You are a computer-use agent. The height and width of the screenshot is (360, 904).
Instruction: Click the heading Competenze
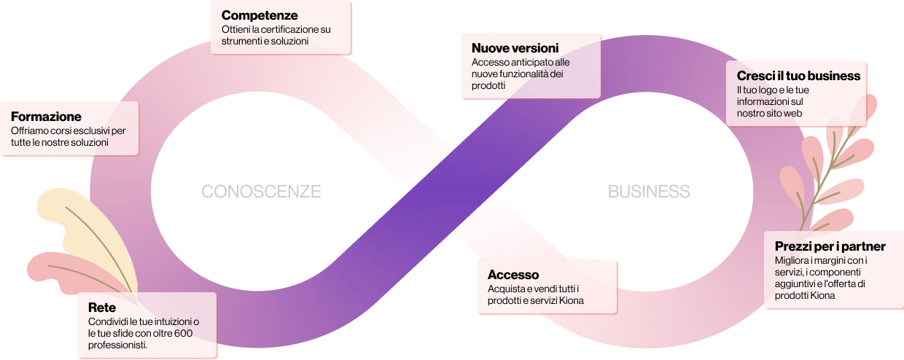pos(260,15)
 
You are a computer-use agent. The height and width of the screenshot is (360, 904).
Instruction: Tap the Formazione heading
pos(46,116)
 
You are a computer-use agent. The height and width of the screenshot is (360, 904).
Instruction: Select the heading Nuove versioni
pos(515,48)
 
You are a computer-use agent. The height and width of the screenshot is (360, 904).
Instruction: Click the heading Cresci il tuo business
pos(798,76)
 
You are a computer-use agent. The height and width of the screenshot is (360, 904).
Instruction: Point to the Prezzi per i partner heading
pos(830,246)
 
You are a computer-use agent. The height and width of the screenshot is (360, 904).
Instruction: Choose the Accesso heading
pos(513,275)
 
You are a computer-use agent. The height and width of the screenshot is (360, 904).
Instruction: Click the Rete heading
pos(102,308)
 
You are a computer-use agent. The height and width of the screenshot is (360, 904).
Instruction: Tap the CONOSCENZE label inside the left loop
pos(261,192)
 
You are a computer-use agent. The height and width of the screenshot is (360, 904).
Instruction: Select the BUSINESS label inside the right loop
pos(649,192)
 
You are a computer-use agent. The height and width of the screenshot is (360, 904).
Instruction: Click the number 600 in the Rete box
pos(184,333)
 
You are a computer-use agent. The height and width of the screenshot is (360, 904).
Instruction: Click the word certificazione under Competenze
pos(292,29)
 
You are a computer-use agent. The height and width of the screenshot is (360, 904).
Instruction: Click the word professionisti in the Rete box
pos(117,345)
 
